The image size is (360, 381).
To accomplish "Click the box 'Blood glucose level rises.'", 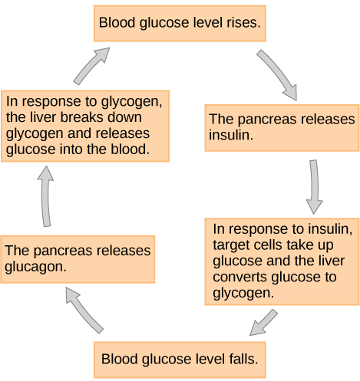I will [180, 25].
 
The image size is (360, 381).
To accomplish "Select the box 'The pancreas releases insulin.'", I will [282, 126].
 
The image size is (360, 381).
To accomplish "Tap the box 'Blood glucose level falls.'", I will [180, 359].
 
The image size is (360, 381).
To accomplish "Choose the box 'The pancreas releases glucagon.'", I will [78, 258].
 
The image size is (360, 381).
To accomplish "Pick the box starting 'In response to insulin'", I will [282, 261].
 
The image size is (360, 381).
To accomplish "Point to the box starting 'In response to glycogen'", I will [85, 125].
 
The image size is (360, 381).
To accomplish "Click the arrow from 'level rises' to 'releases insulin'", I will [278, 74].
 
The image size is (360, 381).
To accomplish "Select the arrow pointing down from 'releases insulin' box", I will [313, 186].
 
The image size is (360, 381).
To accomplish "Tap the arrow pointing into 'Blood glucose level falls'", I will [266, 322].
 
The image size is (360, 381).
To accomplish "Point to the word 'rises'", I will [244, 25].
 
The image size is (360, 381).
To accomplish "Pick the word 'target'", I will [231, 245].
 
